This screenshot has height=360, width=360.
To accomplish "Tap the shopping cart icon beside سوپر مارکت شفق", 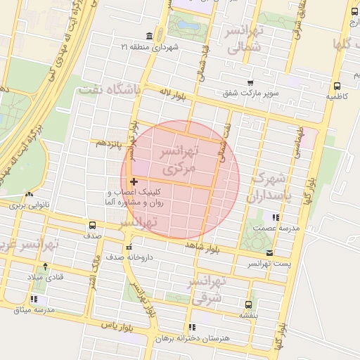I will (251, 82).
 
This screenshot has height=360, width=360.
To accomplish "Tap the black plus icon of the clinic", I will (134, 181).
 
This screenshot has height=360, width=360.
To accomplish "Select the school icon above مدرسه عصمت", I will (276, 217).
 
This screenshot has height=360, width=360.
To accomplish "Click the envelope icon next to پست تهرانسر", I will (270, 253).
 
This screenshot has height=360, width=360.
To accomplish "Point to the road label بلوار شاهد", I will (210, 247).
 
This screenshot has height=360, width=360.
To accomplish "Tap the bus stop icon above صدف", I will (93, 225).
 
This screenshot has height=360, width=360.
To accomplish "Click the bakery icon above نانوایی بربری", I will (29, 195).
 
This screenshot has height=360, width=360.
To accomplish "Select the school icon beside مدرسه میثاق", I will (34, 299).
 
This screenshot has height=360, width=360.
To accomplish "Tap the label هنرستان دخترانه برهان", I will (198, 338).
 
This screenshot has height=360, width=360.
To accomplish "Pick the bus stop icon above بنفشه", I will (247, 304).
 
